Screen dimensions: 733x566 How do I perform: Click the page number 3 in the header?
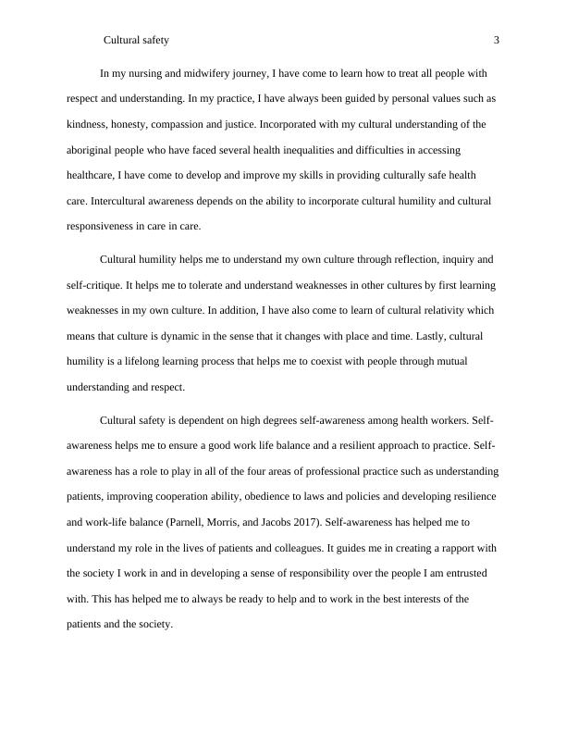498,40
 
